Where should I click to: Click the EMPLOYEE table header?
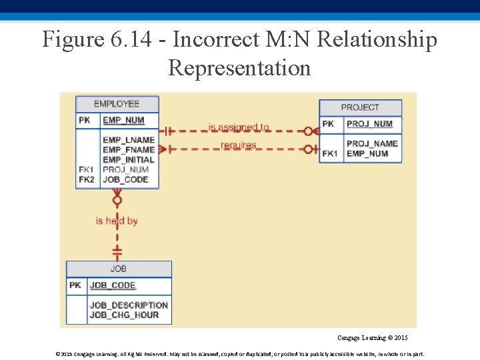[117, 104]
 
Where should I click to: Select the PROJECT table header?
[360, 107]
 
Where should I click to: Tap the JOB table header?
[119, 269]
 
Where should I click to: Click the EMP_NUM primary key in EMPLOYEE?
[123, 121]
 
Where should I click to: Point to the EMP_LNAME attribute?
[129, 140]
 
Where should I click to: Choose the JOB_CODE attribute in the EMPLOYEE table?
[125, 179]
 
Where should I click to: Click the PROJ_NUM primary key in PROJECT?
[369, 124]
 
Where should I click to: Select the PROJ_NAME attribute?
[372, 143]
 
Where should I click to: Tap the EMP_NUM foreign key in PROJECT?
[367, 153]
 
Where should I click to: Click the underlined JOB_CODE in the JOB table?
[113, 285]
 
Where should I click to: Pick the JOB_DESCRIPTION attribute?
[129, 305]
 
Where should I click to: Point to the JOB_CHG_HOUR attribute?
[124, 315]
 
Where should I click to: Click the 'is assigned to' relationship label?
[239, 127]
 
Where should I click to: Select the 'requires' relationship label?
[239, 145]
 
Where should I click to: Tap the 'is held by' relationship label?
[117, 221]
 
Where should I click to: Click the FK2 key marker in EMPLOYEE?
[87, 179]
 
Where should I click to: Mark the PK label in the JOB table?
[75, 285]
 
